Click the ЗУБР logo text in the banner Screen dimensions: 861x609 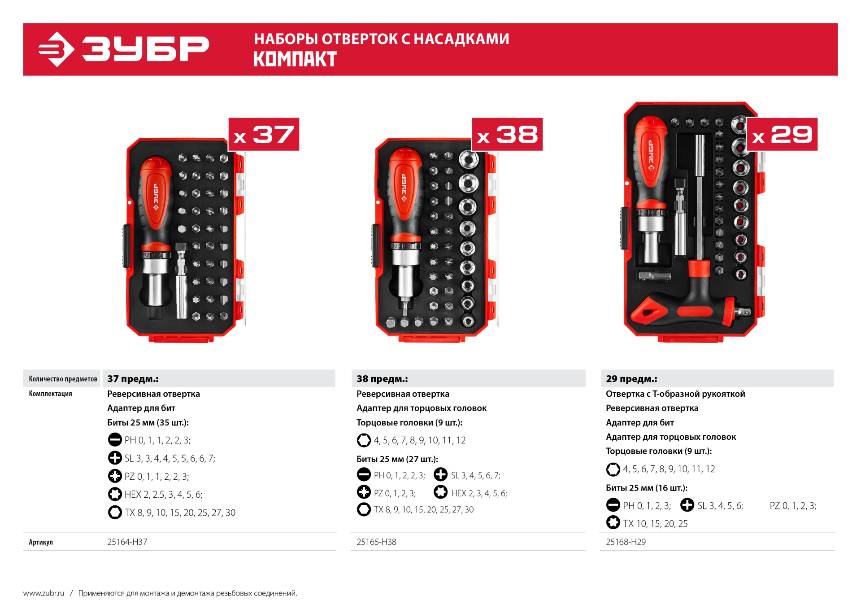tap(146, 48)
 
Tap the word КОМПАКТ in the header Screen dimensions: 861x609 tap(295, 59)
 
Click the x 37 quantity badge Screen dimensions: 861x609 tap(264, 134)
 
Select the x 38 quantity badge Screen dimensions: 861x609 tap(507, 134)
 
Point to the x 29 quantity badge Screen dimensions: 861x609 tap(782, 134)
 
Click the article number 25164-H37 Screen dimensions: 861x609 tap(127, 542)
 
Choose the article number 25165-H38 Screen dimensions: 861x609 tap(376, 542)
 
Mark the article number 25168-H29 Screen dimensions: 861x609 tap(626, 542)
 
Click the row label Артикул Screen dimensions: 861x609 tap(41, 542)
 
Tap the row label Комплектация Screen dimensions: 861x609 tap(50, 394)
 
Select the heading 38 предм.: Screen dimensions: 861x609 tap(382, 379)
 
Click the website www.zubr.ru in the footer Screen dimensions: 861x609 tap(44, 593)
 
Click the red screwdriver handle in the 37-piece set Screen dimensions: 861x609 tap(155, 202)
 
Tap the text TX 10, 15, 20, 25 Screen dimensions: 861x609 tap(655, 524)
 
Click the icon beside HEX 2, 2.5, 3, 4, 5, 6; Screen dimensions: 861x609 tap(115, 494)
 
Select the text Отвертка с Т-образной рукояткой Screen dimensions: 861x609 tap(675, 394)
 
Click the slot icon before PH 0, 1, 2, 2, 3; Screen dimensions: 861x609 tap(364, 474)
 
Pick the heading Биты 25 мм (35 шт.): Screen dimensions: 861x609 tap(148, 422)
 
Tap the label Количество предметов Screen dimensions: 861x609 tap(63, 379)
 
